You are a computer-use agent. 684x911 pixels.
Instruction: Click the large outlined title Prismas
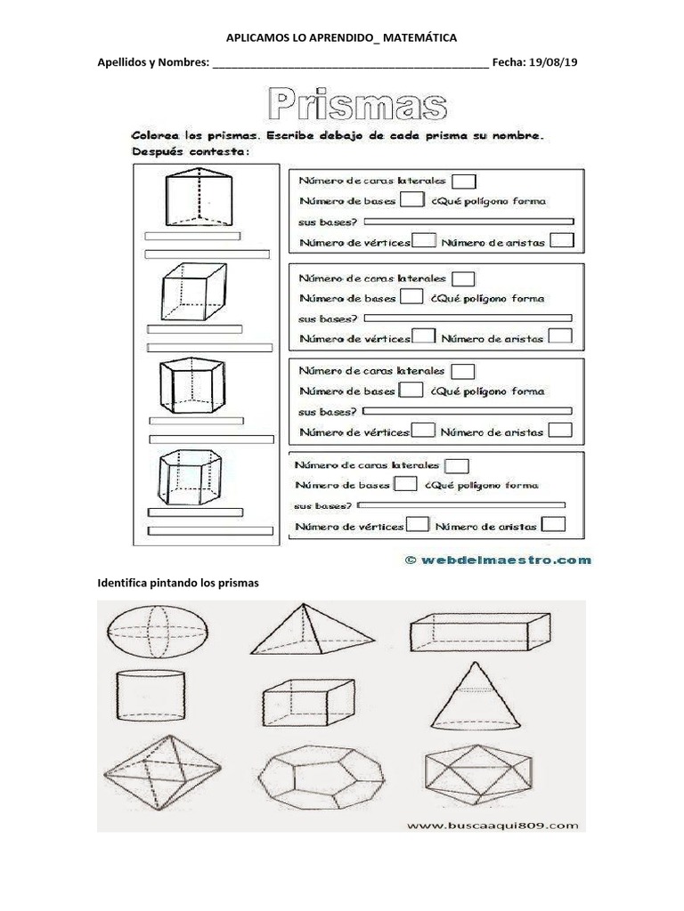356,106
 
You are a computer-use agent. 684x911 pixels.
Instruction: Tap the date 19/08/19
555,64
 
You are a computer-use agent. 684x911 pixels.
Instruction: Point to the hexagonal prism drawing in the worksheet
193,477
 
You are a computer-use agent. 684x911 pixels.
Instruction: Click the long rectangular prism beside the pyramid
477,633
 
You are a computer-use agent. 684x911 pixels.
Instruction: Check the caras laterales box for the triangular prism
464,181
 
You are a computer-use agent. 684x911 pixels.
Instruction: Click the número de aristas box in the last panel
553,524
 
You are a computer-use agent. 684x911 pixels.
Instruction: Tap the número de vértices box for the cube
424,336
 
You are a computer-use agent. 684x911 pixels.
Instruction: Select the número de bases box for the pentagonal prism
411,390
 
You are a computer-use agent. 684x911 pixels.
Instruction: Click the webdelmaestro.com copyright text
498,560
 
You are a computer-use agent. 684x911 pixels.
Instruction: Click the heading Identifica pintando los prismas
176,584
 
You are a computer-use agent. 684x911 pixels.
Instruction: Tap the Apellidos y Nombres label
153,64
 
